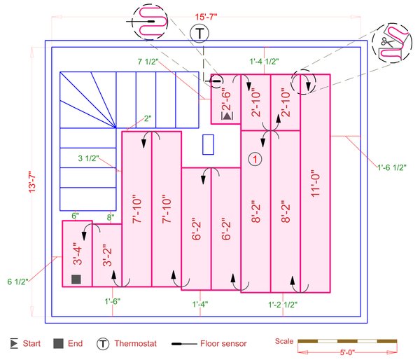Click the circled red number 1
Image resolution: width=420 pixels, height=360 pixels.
tap(256, 160)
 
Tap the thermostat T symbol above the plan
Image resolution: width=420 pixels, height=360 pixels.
tap(199, 34)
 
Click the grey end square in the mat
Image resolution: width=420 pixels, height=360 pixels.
tap(76, 280)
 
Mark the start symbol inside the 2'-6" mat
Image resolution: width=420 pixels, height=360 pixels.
tap(227, 116)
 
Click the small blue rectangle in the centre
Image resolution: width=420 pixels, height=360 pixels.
tap(208, 144)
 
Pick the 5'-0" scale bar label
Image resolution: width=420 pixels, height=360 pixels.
tap(347, 353)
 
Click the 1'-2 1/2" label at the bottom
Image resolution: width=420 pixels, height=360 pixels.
tap(283, 305)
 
